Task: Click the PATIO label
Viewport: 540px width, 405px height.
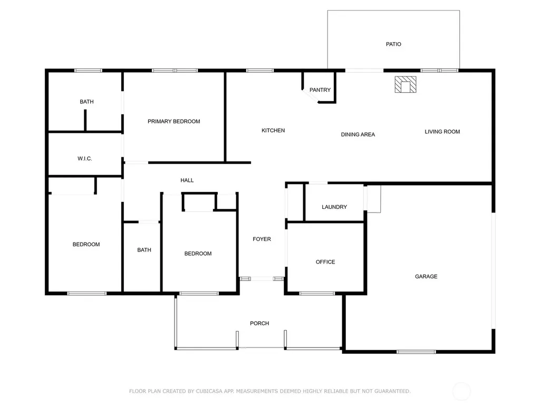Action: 393,44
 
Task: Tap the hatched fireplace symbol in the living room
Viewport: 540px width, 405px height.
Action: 406,84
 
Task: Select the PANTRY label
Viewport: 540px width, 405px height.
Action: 320,90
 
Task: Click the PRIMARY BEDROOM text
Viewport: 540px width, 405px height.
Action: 174,121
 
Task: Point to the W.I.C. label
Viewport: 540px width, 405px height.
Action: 85,158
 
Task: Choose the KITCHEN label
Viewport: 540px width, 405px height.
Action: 273,131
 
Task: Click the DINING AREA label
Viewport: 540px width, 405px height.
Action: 358,134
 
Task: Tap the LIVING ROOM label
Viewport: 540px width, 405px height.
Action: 442,131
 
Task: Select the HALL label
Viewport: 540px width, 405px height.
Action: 187,180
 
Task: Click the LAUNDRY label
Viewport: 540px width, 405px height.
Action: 334,207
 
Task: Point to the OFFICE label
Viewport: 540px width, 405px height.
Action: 325,262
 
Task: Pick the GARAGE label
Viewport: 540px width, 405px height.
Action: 426,276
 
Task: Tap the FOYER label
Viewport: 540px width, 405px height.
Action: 262,239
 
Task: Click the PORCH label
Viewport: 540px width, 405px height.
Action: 259,323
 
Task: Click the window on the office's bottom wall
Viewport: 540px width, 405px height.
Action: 317,293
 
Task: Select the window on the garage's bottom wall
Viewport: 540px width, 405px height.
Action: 416,352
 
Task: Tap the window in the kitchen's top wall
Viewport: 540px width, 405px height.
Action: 260,71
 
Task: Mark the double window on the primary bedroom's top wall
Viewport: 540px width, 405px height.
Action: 175,71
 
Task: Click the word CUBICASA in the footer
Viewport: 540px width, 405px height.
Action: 210,391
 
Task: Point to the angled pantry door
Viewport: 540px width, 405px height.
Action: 310,96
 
